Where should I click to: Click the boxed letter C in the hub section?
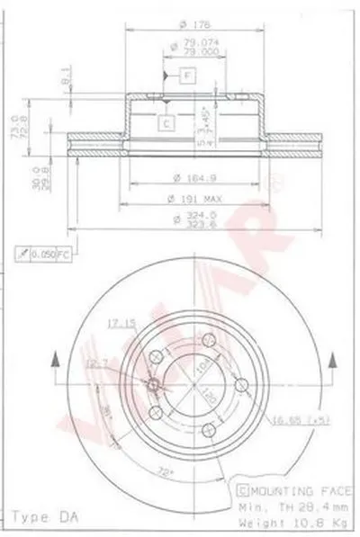[167, 122]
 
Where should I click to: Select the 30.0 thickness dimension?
[13, 176]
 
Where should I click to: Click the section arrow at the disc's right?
[334, 364]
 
